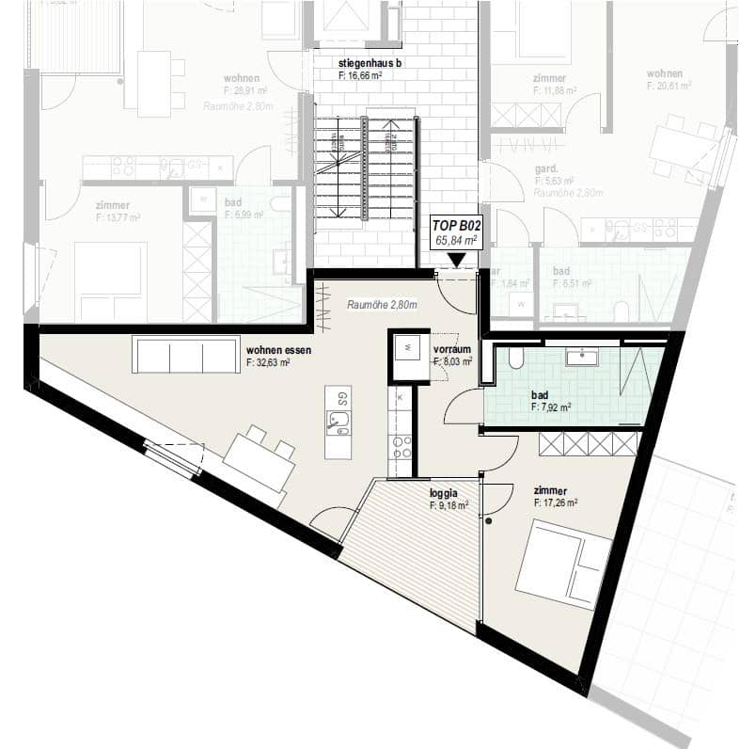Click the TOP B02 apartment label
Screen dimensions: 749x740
point(455,226)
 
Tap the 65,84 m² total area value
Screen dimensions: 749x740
point(455,241)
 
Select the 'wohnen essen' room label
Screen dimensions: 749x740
point(278,349)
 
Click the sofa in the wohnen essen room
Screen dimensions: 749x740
point(186,355)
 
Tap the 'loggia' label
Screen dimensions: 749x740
point(444,492)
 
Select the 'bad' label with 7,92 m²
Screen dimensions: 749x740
point(539,396)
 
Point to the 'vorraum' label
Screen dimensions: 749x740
point(451,348)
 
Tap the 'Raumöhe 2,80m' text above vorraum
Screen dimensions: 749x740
point(382,305)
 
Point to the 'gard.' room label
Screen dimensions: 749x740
point(546,168)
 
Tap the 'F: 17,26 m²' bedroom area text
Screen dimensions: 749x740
point(555,503)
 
